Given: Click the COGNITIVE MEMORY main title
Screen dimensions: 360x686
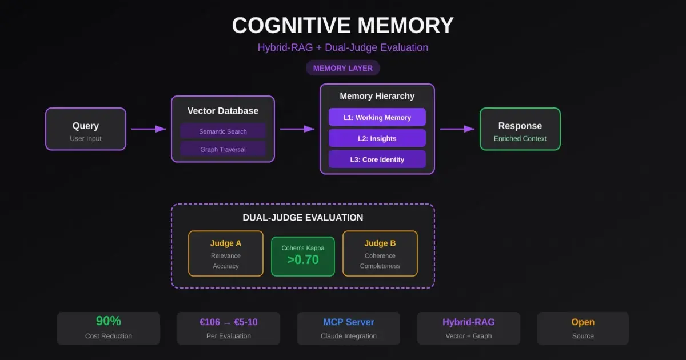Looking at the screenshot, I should coord(343,26).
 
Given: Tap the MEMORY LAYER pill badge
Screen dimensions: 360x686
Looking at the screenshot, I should coord(343,68).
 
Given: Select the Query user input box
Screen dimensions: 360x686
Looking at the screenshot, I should coord(86,129).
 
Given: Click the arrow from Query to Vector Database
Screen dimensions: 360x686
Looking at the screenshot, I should coord(149,129).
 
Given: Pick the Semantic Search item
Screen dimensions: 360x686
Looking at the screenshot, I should coord(223,131).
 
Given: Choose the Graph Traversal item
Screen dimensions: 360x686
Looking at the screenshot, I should coord(223,150).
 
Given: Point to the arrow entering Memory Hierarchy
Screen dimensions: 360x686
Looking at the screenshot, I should coord(297,129).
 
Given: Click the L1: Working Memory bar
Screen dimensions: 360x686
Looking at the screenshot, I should coord(377,117).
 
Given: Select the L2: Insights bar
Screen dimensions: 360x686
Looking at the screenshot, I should coord(377,138).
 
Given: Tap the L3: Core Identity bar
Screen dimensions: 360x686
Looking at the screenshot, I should coord(377,159).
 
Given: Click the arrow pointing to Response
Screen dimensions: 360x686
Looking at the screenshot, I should coord(457,129).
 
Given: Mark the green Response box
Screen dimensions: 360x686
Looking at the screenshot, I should coord(520,129).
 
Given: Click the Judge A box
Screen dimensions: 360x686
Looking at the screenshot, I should coord(226,254).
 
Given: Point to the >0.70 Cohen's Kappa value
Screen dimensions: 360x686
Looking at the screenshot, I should coord(303,260).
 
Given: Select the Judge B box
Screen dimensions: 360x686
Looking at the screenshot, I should coord(380,254).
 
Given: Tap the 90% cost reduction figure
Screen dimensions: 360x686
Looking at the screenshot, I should coord(109,321).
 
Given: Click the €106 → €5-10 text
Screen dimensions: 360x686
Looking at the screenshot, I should coord(229,322).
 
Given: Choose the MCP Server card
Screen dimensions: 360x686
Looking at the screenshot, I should coord(349,328).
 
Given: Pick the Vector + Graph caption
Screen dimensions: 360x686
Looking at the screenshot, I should coord(469,336).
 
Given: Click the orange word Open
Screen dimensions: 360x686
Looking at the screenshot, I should coord(583,322).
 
